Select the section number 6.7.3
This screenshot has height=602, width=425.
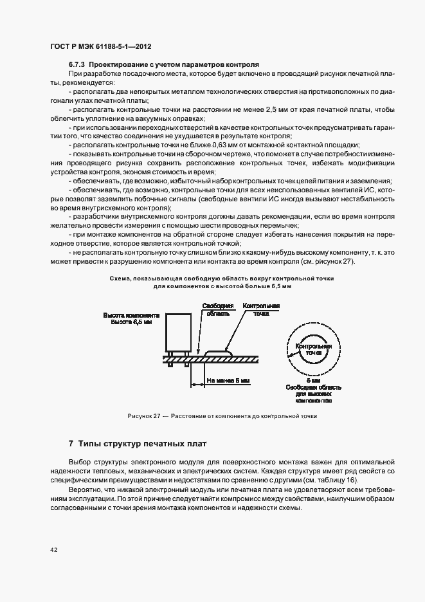point(77,65)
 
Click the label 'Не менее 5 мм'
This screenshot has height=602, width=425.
point(228,380)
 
